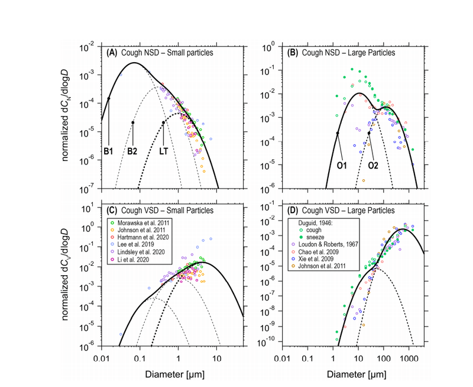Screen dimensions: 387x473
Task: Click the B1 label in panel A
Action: tap(109, 151)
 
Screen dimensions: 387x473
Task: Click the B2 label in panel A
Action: tap(133, 151)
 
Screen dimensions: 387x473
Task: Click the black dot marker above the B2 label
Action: tap(133, 123)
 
